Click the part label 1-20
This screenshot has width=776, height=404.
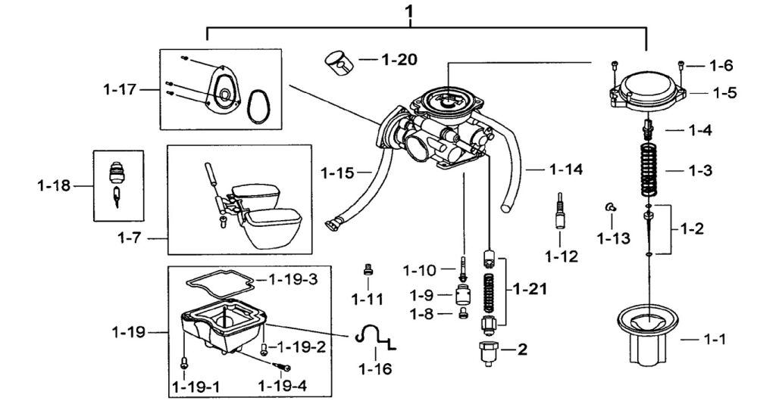pyautogui.click(x=399, y=60)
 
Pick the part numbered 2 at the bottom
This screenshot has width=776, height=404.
pyautogui.click(x=489, y=353)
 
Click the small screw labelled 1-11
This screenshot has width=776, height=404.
pyautogui.click(x=368, y=269)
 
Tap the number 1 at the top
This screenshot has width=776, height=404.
pyautogui.click(x=409, y=11)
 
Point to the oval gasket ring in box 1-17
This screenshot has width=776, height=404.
pyautogui.click(x=259, y=106)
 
